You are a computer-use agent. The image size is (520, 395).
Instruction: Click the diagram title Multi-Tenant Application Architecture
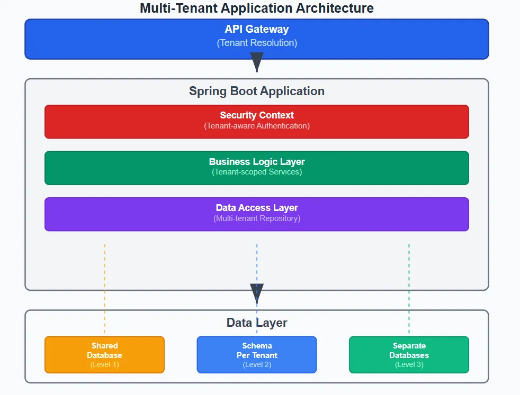click(256, 8)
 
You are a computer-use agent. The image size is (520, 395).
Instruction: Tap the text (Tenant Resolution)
click(257, 43)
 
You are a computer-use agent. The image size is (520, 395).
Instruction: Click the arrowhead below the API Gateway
click(257, 63)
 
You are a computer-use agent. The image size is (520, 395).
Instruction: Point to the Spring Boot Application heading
click(257, 91)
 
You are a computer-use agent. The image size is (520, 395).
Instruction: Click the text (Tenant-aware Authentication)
click(257, 126)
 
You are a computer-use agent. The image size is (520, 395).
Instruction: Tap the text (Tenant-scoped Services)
click(257, 172)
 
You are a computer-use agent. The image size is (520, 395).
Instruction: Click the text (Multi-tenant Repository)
click(257, 218)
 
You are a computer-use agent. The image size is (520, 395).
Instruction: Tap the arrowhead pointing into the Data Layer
click(257, 293)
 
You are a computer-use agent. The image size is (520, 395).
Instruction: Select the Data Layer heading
click(257, 323)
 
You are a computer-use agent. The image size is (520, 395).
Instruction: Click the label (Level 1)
click(104, 365)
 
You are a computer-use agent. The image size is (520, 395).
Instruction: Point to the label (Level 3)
click(409, 365)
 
